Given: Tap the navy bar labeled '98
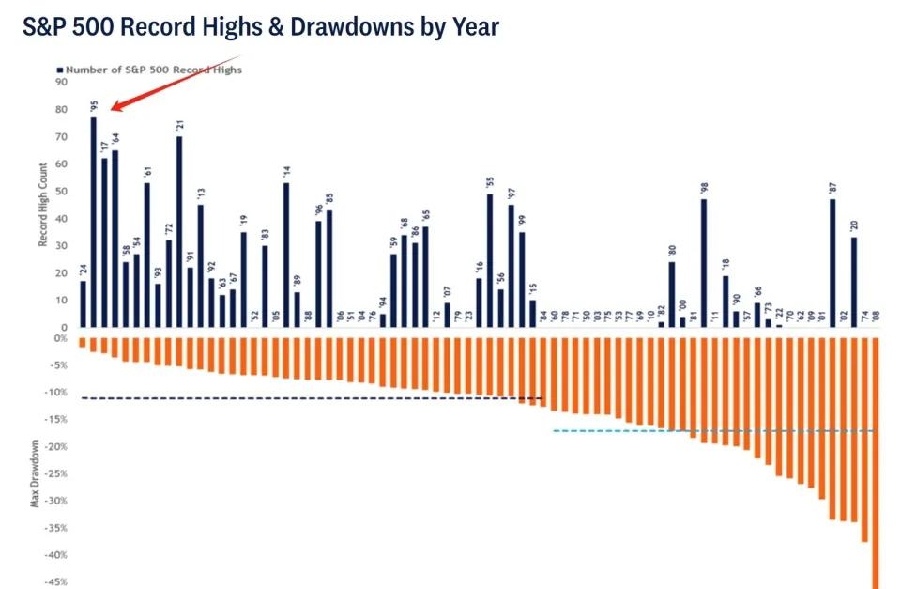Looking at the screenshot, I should coord(703,263).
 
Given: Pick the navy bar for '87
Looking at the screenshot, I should coord(832,263).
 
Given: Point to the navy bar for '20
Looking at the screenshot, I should coord(854,282).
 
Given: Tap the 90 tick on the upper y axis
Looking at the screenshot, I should coord(62,82).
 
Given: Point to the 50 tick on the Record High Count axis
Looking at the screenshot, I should coord(62,191).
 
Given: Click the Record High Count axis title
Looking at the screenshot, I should coord(43,204).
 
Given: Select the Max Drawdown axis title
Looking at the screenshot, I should coord(35,473).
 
